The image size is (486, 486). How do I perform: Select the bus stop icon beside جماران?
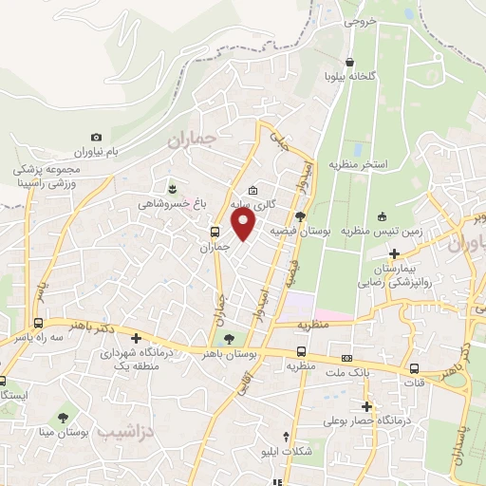click(215, 231)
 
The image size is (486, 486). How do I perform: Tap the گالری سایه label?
click(255, 203)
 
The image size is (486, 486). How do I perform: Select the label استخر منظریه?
click(362, 165)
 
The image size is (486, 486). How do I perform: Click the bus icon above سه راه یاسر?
click(38, 323)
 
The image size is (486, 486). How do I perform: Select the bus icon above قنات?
click(414, 369)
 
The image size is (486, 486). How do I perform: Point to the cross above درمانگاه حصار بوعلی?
click(365, 406)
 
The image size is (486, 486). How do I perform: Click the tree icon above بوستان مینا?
click(64, 418)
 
